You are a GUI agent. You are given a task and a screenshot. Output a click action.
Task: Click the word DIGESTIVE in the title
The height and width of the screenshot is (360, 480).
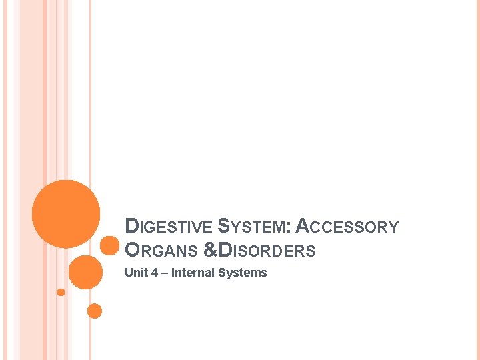167,227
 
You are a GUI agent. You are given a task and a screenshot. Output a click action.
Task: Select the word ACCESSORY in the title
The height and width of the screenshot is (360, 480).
347,227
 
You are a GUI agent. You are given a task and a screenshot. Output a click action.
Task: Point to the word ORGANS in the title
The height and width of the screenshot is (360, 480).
161,251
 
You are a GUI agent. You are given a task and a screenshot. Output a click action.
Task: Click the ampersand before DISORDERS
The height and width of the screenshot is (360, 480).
210,251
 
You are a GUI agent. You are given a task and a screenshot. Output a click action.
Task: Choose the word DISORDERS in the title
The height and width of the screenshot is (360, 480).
267,251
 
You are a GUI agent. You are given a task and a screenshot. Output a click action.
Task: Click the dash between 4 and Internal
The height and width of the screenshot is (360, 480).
164,273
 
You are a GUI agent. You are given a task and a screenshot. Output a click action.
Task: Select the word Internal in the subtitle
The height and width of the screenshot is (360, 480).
193,273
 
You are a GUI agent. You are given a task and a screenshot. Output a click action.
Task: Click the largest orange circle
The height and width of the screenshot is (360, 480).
66,213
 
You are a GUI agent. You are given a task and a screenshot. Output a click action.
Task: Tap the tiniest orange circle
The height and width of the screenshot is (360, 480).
61,292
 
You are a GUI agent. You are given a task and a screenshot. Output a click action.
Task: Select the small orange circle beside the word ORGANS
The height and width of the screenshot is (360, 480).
109,245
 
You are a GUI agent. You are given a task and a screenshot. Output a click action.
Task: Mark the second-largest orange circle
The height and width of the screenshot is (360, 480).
86,272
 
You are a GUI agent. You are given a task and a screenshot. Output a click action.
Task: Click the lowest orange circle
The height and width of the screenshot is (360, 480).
95,311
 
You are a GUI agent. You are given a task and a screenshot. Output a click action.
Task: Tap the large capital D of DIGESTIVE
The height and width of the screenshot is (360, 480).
131,227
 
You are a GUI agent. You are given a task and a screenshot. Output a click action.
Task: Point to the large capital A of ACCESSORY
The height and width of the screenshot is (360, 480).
301,227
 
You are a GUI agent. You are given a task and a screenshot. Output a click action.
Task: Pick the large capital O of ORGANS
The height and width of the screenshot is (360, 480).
132,251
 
